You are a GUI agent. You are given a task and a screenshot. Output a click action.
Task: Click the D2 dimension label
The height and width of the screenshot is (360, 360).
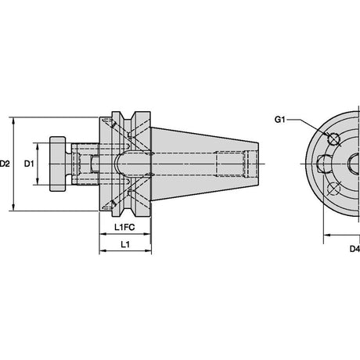click(5, 164)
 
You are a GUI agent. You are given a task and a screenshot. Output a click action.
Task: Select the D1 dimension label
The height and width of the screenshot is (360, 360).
click(29, 164)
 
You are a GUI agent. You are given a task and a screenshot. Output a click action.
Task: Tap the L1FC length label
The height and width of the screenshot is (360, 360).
click(124, 227)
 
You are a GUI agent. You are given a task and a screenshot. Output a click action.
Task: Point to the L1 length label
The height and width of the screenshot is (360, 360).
click(125, 244)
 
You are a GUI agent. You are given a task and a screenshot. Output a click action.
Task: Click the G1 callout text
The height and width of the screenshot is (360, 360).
click(280, 120)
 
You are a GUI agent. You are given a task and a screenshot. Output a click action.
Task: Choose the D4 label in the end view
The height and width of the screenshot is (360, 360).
click(355, 249)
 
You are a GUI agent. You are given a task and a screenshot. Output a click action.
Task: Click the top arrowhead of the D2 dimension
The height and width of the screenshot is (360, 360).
click(13, 121)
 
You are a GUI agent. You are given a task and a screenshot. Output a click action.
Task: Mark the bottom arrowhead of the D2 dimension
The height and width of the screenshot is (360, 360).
click(13, 207)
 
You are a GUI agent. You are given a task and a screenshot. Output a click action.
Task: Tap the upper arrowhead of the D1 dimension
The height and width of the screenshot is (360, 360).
click(38, 146)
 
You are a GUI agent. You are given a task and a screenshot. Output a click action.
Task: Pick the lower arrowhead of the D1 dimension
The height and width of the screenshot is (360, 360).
click(38, 182)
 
